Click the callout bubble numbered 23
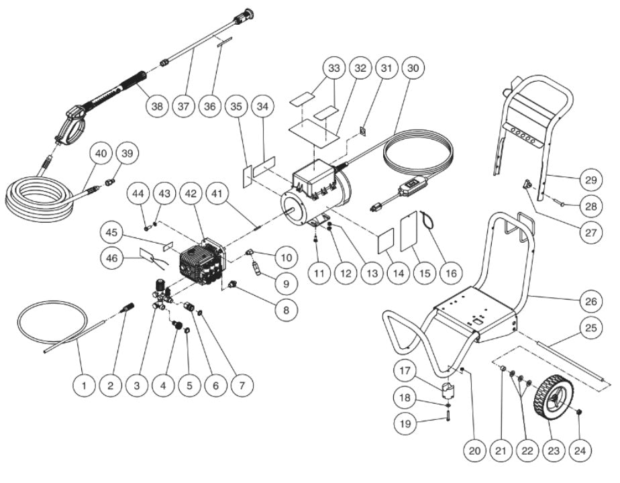click(x=552, y=452)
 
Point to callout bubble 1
click(x=85, y=385)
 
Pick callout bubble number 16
click(x=450, y=273)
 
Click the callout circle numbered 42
click(x=191, y=193)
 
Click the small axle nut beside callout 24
click(x=578, y=412)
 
